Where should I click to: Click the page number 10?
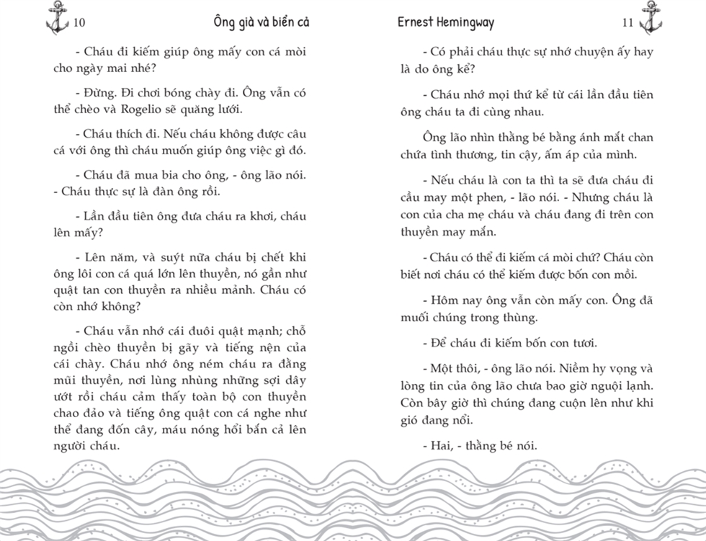point(79,22)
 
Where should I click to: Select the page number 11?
point(627,22)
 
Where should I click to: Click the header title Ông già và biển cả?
point(262,22)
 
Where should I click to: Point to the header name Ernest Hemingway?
point(446,22)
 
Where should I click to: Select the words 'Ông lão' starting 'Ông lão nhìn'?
point(445,137)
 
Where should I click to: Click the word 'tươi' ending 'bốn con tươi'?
point(581,343)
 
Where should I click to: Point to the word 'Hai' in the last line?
point(439,446)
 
